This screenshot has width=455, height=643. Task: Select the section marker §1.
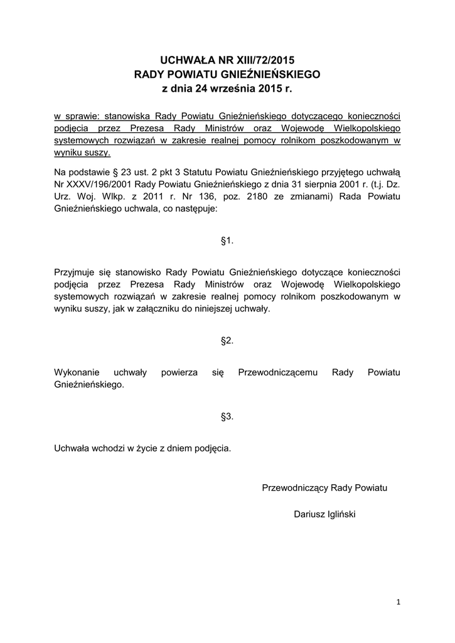[x=227, y=240]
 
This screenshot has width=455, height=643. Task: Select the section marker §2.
[x=227, y=341]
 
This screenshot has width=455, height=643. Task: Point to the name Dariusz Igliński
[x=324, y=514]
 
